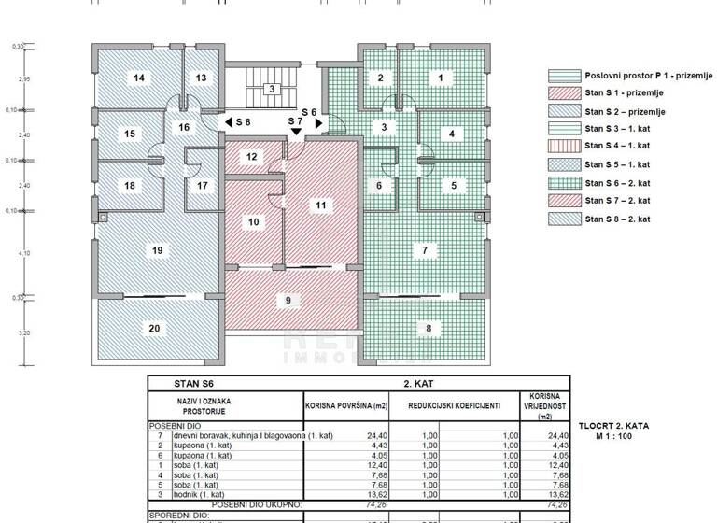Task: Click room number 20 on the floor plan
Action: [x=155, y=328]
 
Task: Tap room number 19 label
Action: [x=157, y=250]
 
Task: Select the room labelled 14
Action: [x=139, y=78]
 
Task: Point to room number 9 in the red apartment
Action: [x=288, y=300]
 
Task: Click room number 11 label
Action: [x=320, y=205]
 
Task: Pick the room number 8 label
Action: [x=429, y=328]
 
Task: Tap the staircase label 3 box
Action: [x=271, y=90]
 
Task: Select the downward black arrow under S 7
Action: [x=296, y=133]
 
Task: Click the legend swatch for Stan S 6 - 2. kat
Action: [x=563, y=183]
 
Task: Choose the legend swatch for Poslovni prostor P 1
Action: [x=563, y=76]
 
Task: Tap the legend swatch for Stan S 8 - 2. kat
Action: [x=563, y=219]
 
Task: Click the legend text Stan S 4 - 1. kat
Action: [x=617, y=147]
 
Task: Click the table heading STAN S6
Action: [x=201, y=383]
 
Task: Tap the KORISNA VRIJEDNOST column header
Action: [x=544, y=406]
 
